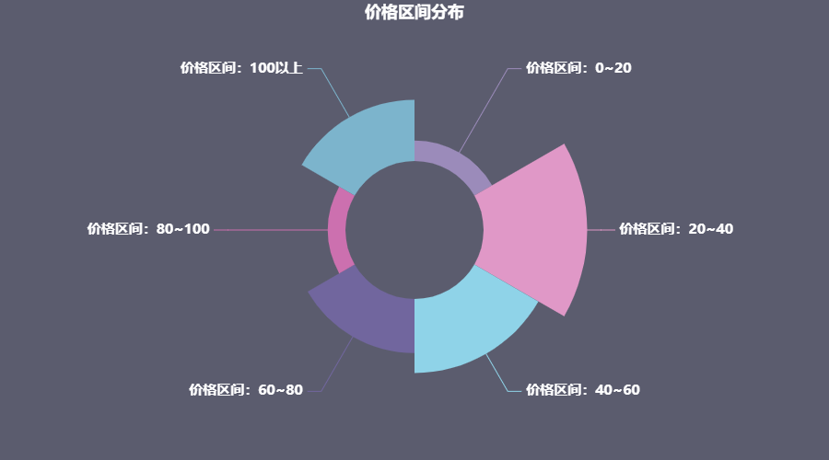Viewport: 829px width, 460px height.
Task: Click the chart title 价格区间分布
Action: coord(414,12)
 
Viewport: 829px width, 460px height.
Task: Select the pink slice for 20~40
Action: coord(534,229)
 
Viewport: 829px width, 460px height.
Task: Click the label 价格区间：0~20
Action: coord(578,67)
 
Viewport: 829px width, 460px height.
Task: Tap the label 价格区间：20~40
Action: coord(676,229)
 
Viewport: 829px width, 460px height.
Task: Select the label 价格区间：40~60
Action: coord(582,390)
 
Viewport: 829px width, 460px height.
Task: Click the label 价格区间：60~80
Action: coord(246,390)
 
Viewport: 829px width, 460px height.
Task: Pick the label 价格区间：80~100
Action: coord(148,229)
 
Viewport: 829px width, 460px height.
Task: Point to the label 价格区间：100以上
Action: coord(241,67)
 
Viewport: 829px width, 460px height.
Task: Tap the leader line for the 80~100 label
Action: coord(272,229)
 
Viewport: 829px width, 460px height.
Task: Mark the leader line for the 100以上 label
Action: coord(334,92)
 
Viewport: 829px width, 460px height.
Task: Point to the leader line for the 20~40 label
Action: coord(601,229)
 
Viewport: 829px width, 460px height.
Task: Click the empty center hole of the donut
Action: coord(414,229)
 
